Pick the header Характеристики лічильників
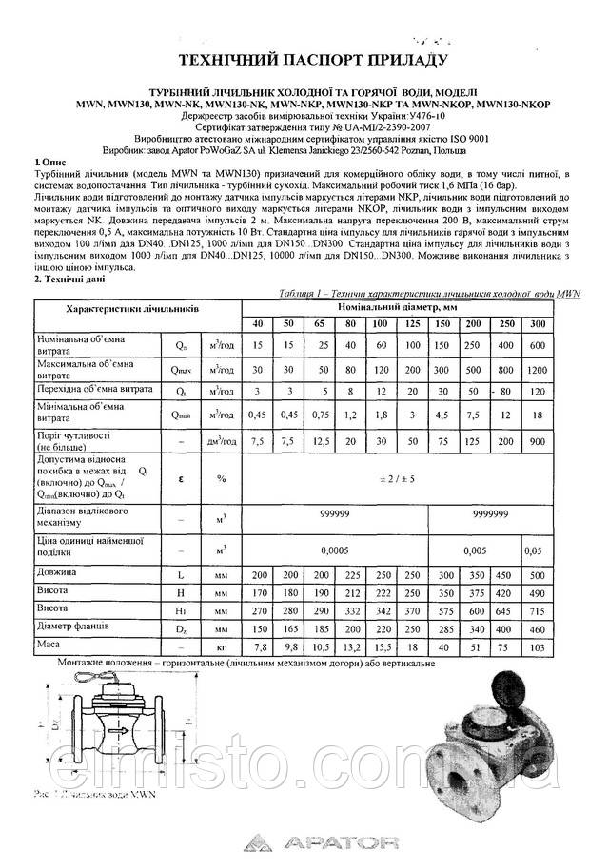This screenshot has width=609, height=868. (131, 311)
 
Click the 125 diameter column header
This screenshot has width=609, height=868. (413, 325)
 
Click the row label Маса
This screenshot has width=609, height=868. (49, 645)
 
